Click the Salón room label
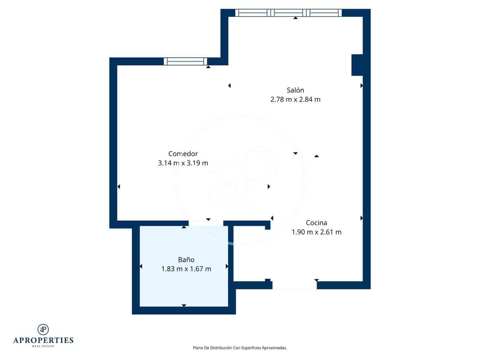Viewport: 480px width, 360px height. tap(295, 90)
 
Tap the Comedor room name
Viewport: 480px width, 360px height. tap(183, 154)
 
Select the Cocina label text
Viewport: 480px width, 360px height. tap(316, 223)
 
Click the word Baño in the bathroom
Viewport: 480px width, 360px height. tap(186, 260)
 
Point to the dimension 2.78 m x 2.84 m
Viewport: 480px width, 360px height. tap(295, 99)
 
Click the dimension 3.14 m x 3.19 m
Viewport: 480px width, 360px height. tap(183, 163)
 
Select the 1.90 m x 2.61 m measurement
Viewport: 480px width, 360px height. tap(316, 232)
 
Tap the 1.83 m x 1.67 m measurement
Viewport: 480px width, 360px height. tap(186, 269)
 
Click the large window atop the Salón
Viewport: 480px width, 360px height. tap(288, 13)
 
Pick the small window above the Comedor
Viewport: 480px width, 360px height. tap(185, 61)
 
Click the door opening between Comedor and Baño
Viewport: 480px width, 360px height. tap(206, 223)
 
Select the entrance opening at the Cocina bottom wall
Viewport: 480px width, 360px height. tap(294, 285)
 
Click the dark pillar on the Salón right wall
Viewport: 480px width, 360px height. tap(357, 65)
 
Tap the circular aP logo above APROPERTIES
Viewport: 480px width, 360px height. tap(43, 329)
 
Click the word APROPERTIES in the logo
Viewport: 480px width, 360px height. tap(43, 340)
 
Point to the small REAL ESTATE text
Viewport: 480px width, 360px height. tap(43, 346)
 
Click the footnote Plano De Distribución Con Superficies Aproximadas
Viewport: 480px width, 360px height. tap(240, 348)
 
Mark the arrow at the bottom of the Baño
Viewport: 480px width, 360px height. tap(184, 305)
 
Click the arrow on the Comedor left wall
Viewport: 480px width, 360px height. tap(119, 187)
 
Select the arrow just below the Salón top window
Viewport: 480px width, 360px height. tap(296, 18)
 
